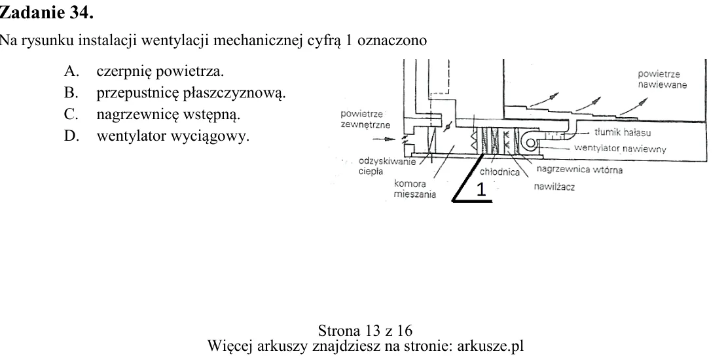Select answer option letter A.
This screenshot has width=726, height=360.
point(69,71)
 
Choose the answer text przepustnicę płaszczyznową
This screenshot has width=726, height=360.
point(191,94)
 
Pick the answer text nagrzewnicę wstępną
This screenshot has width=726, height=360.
point(168,115)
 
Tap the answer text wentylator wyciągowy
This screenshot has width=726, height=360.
point(173,137)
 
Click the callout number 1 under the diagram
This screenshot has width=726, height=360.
point(482,189)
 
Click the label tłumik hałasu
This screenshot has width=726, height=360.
point(623,132)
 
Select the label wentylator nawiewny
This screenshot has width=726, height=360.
point(620,149)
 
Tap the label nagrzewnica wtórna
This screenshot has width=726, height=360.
point(579,170)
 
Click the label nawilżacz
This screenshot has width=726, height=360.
point(554,187)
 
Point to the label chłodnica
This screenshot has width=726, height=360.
point(499,172)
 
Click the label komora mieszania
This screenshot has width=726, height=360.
point(414,189)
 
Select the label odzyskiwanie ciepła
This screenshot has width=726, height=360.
point(387,166)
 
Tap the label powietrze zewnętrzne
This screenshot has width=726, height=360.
point(365,119)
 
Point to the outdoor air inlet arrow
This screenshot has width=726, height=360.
point(385,138)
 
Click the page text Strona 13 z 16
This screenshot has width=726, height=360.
point(365,331)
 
